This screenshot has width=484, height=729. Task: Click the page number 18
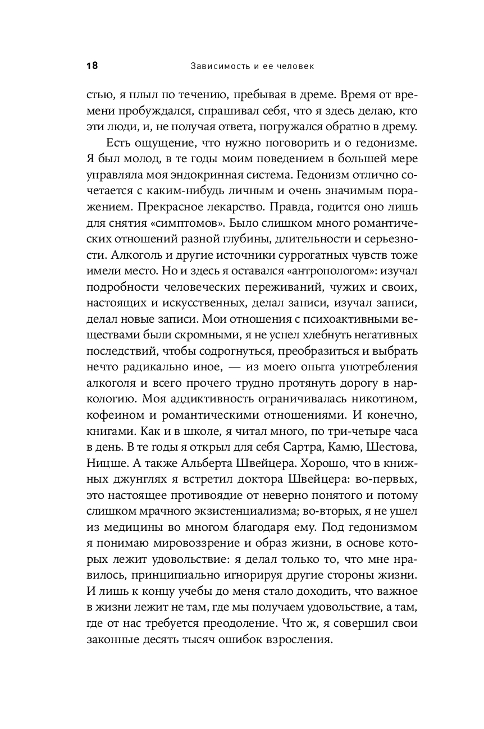(92, 66)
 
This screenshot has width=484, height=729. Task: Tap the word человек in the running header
(293, 66)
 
